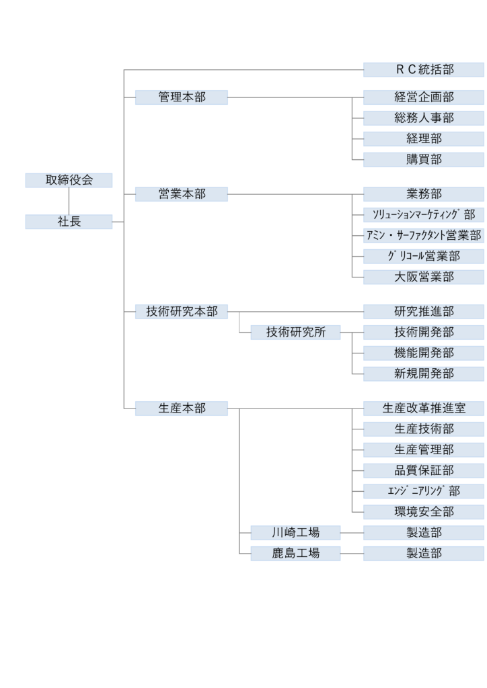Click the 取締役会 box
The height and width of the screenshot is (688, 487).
tap(69, 180)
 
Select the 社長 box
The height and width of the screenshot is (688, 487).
tap(69, 222)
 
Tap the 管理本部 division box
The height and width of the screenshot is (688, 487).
tap(182, 97)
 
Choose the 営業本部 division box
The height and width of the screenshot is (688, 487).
tap(182, 194)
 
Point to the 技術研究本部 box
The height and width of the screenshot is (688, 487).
tap(182, 312)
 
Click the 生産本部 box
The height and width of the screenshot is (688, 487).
tap(182, 408)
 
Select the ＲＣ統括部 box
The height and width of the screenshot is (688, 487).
tap(424, 70)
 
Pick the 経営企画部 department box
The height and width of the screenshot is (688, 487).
tap(424, 97)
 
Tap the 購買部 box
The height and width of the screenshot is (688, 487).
tap(424, 160)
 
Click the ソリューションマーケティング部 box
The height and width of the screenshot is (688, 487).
tap(424, 215)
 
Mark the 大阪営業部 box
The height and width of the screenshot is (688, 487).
tap(424, 277)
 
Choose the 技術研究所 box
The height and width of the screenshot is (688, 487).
tap(295, 333)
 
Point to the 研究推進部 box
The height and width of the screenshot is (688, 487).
tap(424, 312)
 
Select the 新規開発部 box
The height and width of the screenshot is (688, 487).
tap(424, 374)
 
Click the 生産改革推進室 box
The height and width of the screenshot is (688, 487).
tap(424, 408)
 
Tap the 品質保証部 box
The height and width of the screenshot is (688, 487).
tap(424, 470)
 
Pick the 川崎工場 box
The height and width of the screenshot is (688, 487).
tap(295, 533)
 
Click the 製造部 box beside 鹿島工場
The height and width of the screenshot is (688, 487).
tap(424, 554)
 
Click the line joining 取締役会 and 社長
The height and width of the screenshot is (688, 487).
tap(69, 201)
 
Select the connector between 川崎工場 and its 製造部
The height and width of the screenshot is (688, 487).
tap(352, 533)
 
